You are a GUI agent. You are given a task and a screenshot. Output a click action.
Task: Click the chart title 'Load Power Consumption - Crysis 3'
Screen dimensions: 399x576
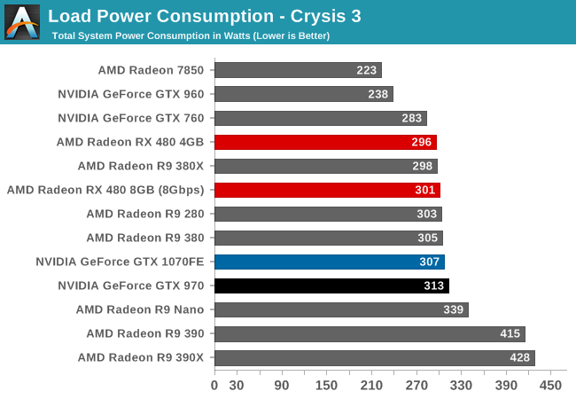click(x=205, y=16)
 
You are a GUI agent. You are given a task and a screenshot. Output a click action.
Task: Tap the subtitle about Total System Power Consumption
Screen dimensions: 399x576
click(x=191, y=35)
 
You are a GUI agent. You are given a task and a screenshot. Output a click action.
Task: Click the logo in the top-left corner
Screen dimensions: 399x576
click(x=22, y=22)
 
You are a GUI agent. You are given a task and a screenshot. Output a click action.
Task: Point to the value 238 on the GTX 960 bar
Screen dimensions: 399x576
click(x=378, y=94)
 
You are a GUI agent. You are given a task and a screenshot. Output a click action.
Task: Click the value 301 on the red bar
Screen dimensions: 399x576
click(x=426, y=190)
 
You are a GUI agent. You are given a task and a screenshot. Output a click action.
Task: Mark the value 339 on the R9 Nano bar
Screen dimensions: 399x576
click(x=455, y=309)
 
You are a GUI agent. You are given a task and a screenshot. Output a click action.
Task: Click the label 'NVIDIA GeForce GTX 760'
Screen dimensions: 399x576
click(x=131, y=118)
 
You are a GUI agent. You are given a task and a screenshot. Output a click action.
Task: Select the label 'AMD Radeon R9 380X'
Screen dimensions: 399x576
click(x=141, y=166)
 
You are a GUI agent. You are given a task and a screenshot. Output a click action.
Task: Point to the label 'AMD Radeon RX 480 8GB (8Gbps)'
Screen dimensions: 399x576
click(x=105, y=190)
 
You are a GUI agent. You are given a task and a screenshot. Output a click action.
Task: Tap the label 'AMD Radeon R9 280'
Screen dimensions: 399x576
click(x=145, y=214)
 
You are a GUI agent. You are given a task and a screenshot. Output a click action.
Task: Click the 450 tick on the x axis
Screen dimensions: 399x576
click(x=550, y=386)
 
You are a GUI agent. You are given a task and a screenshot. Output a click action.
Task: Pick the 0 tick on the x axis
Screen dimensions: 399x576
click(x=214, y=386)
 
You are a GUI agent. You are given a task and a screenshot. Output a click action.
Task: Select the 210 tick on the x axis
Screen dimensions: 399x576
click(x=371, y=386)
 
